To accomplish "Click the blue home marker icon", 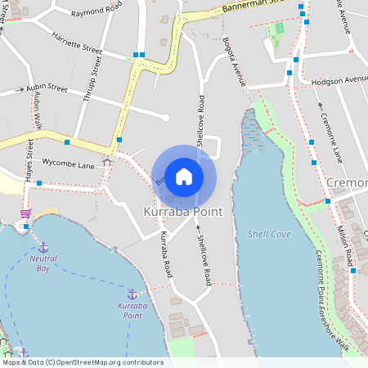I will click(x=184, y=177).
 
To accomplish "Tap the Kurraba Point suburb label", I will click(x=183, y=212).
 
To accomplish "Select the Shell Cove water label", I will click(x=269, y=234).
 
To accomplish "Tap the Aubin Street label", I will click(x=46, y=87).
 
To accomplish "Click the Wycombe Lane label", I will click(x=69, y=164).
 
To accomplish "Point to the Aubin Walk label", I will click(x=38, y=111).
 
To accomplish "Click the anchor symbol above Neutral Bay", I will click(x=43, y=246).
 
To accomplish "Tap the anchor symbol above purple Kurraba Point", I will click(x=131, y=294).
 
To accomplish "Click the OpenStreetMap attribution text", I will click(x=82, y=362).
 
